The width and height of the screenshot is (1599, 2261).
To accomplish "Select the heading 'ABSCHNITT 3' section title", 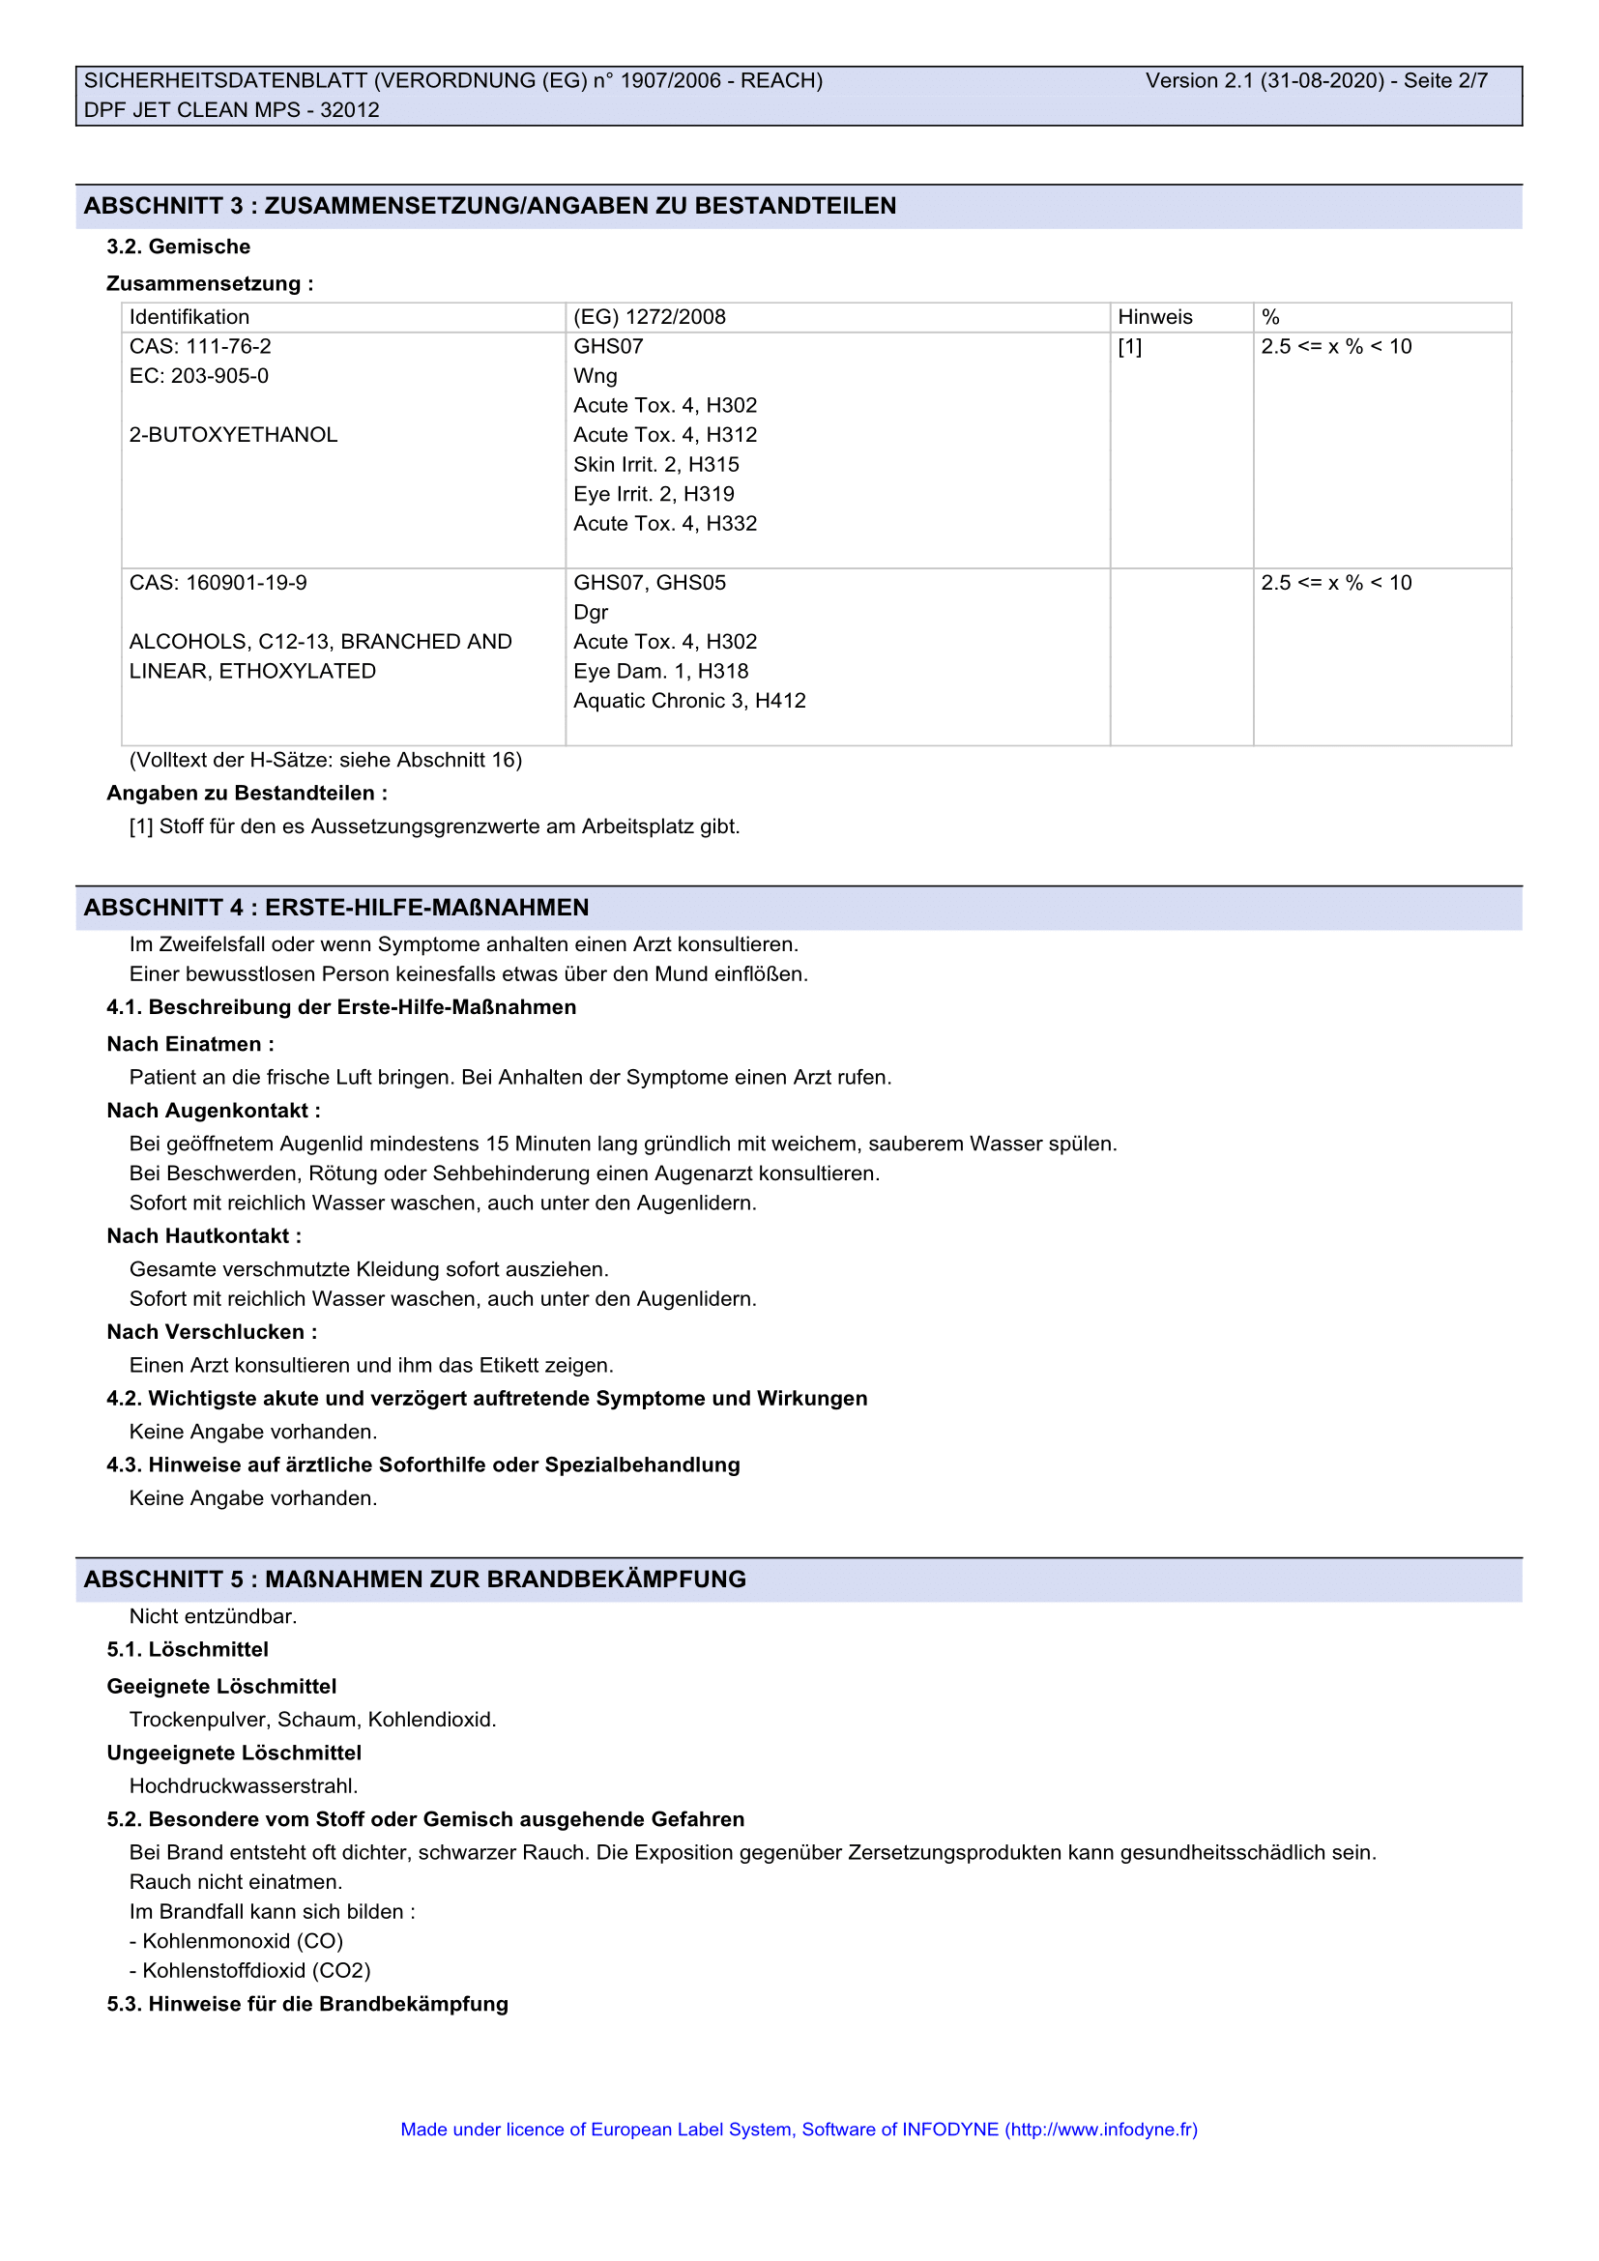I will coord(489,206).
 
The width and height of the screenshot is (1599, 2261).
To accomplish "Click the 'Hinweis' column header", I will coord(1154,317).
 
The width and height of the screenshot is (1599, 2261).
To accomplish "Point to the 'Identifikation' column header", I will coord(189,317).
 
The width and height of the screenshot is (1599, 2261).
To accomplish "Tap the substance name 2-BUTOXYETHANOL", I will coord(233,435).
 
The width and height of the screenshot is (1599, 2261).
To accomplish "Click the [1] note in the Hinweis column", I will coord(1129,347).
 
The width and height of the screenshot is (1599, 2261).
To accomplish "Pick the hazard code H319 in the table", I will coord(709,494).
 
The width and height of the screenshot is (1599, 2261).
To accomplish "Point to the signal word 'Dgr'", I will coord(591,613).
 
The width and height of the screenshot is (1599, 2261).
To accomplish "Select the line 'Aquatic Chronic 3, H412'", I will coord(689,701).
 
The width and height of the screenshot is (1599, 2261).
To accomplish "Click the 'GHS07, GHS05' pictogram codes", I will coord(649,583).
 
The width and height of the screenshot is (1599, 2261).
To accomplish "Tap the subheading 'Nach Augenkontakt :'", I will coord(214,1111).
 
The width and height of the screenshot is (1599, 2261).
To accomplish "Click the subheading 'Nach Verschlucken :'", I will coord(212,1332).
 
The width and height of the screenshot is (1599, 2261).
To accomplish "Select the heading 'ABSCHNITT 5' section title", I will coord(415,1580).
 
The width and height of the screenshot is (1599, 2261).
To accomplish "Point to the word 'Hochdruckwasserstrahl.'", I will coord(244,1786).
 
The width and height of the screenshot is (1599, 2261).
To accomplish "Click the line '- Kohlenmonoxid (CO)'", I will coord(236,1941).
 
